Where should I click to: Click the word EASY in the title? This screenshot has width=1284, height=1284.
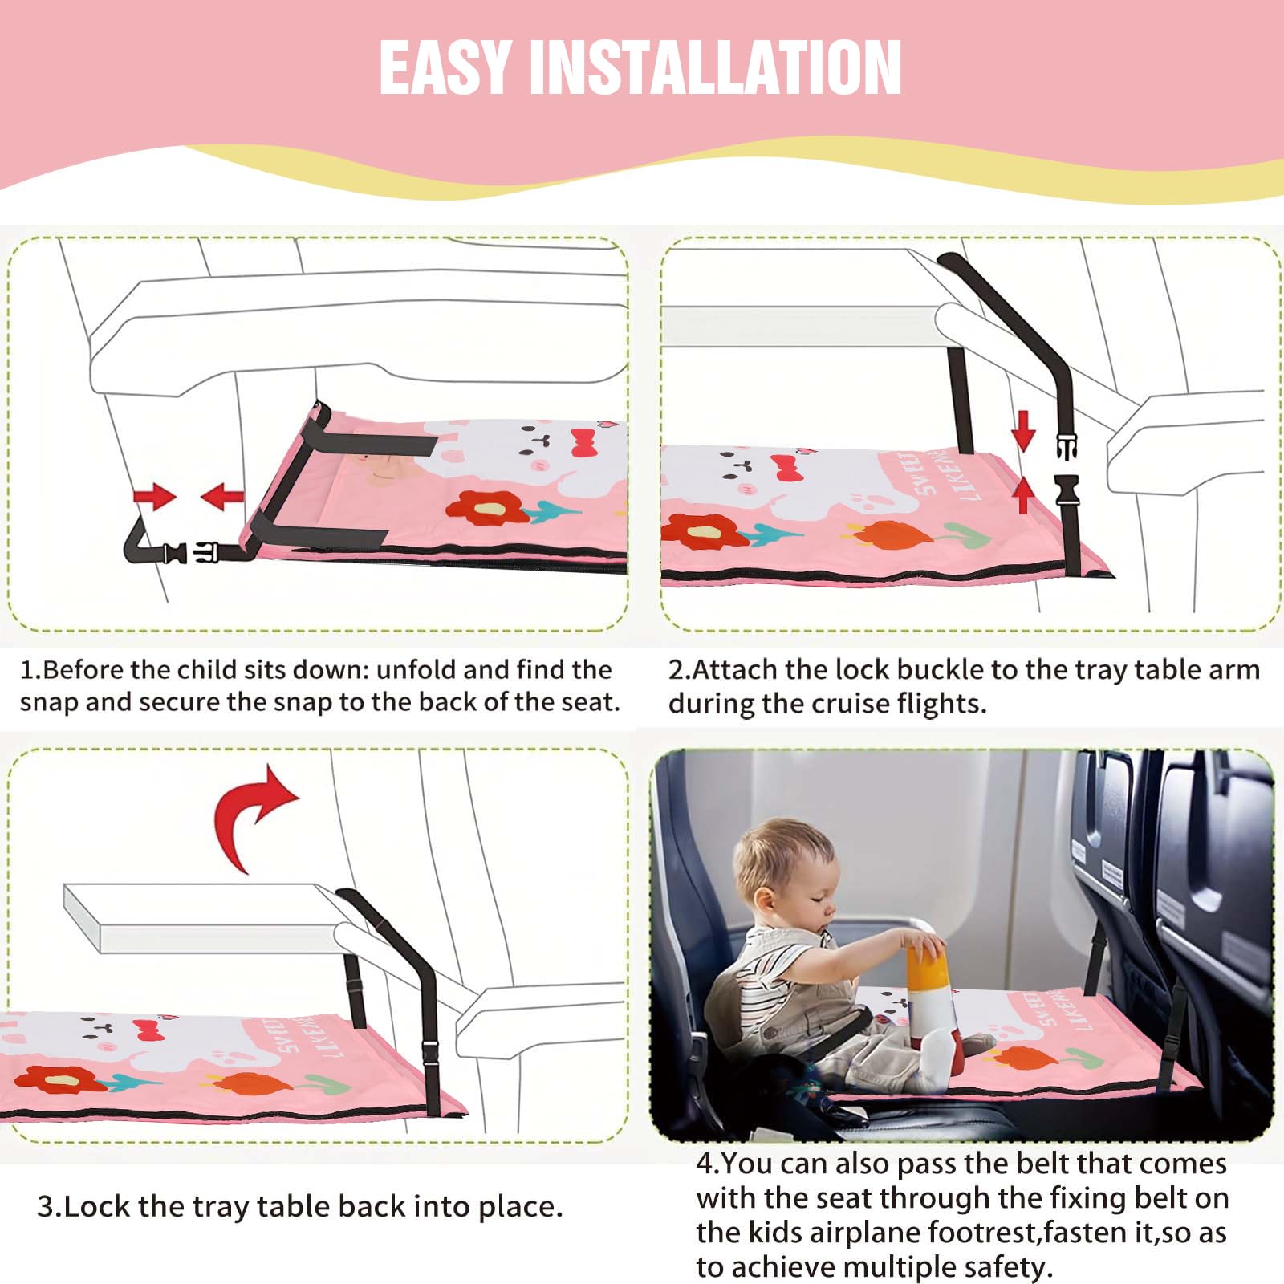(446, 67)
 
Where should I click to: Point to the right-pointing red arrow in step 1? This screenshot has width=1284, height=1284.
(154, 497)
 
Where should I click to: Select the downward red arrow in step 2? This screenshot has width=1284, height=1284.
(1023, 430)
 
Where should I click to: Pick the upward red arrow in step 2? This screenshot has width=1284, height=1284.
(1023, 494)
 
